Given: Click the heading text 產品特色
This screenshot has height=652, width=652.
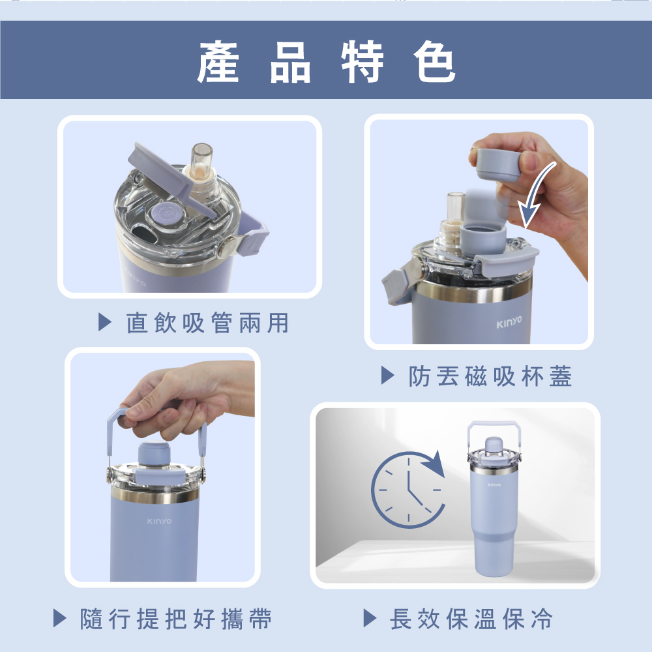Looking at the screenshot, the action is click(x=327, y=61).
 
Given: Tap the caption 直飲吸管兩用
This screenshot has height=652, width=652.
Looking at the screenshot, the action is click(x=207, y=323).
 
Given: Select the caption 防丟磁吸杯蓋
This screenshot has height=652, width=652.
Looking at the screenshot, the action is click(x=490, y=376).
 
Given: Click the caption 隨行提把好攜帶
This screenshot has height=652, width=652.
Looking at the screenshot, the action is click(x=176, y=619).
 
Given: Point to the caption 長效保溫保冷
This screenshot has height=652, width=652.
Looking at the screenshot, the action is click(x=471, y=619).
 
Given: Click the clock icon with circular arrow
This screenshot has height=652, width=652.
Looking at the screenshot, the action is click(x=408, y=489).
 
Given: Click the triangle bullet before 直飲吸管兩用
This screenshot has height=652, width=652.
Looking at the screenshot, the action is click(x=105, y=323).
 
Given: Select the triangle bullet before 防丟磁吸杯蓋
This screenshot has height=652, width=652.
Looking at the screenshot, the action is click(x=387, y=376).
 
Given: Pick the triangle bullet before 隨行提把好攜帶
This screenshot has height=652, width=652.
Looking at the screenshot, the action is click(x=60, y=618).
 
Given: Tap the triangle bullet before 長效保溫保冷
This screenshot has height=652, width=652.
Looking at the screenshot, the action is click(x=370, y=618).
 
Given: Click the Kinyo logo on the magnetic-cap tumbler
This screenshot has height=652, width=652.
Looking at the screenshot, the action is click(x=509, y=322).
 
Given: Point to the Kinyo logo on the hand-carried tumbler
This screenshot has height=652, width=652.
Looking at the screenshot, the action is click(x=159, y=522).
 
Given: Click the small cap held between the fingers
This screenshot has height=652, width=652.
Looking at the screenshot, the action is click(x=497, y=164).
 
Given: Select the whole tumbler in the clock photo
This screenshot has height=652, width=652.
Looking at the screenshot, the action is click(x=494, y=498).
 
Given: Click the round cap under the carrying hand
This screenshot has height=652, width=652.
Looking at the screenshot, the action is click(x=154, y=454).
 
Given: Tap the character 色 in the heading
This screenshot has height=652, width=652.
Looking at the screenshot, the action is click(x=434, y=61).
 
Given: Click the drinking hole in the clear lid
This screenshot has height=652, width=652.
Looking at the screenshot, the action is click(x=143, y=233).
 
